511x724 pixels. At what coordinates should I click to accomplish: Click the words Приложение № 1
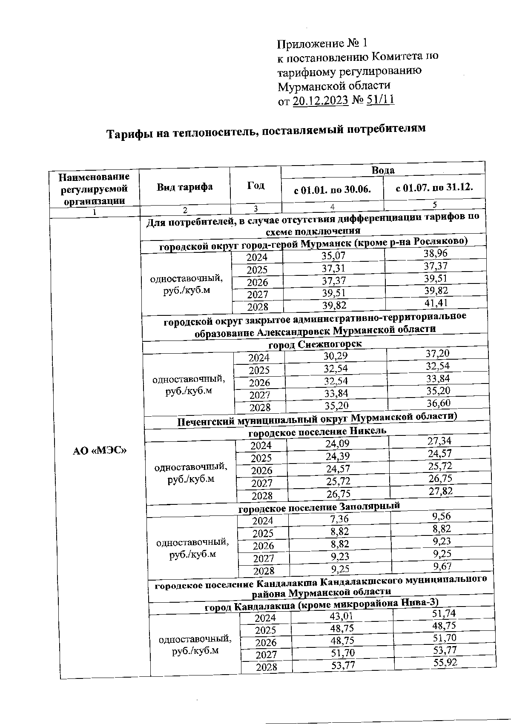(322, 43)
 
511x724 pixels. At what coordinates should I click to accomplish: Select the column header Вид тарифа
(184, 187)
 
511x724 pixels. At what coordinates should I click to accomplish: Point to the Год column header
(255, 186)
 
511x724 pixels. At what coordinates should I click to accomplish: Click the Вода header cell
(383, 170)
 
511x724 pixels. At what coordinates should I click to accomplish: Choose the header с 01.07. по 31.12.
(434, 187)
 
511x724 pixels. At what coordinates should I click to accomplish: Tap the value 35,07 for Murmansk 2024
(333, 256)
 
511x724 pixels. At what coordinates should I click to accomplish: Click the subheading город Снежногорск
(315, 344)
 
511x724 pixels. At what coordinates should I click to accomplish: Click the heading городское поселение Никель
(317, 431)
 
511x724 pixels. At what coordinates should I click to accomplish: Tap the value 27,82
(440, 491)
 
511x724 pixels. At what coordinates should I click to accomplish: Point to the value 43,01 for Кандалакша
(342, 616)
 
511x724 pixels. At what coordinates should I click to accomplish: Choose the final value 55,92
(444, 662)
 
